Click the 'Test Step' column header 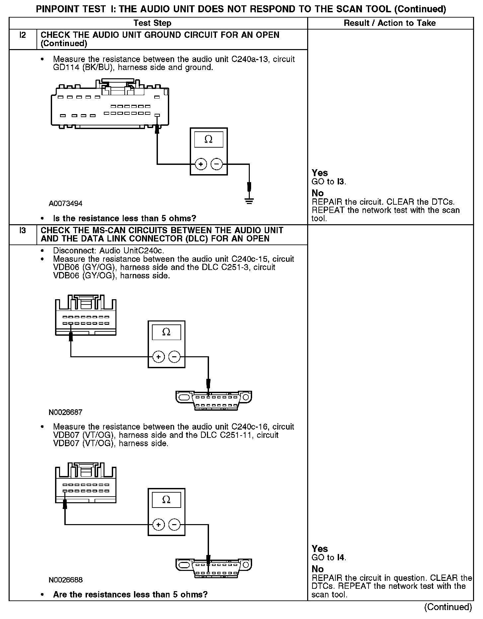[x=152, y=23]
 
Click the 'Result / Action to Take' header [x=389, y=23]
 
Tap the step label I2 [x=23, y=35]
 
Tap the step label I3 [x=23, y=230]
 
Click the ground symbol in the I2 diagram [x=249, y=201]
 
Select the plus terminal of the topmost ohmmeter [x=201, y=164]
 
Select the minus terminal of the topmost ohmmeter [x=217, y=164]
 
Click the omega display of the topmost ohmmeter [x=208, y=139]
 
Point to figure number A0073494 [x=65, y=203]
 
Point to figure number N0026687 [x=65, y=412]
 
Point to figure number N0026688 [x=65, y=580]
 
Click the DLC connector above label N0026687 [x=214, y=400]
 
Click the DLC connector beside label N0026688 [x=214, y=568]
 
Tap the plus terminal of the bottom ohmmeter [x=159, y=524]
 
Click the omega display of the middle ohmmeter [x=166, y=332]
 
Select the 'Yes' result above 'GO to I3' [x=320, y=173]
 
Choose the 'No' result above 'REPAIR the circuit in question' [x=317, y=569]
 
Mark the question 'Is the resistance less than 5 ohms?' [x=124, y=218]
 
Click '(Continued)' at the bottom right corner [x=448, y=607]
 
